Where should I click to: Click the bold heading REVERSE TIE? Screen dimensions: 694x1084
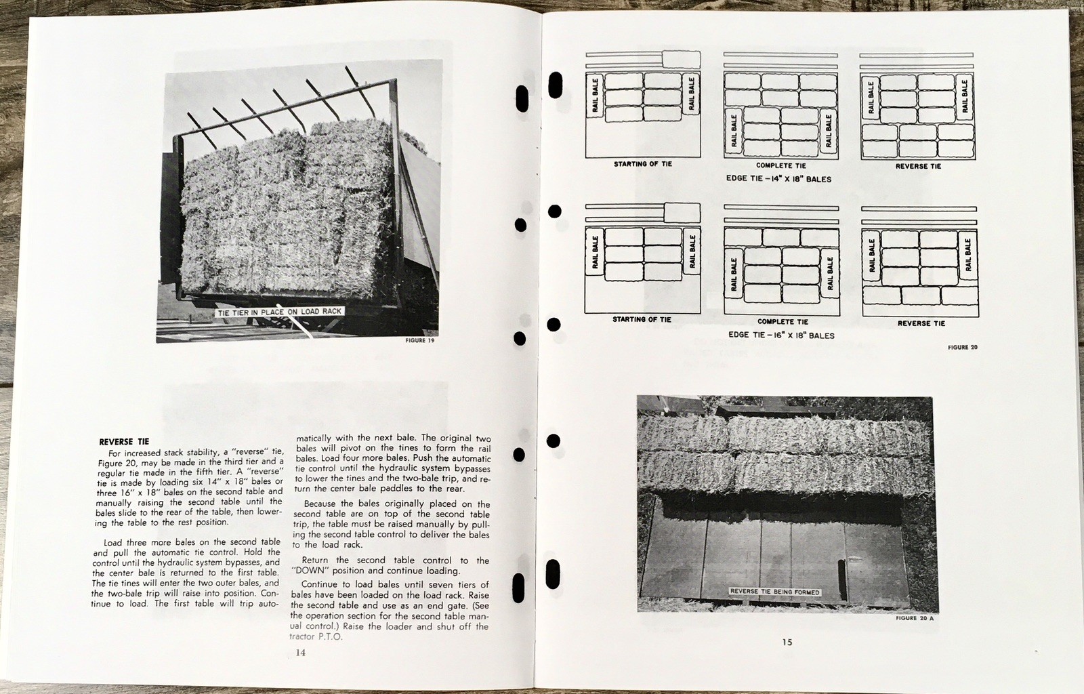(124, 442)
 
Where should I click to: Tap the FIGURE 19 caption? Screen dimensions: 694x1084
(419, 341)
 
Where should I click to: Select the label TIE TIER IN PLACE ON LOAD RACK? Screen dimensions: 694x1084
(280, 312)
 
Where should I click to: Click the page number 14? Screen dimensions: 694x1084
(301, 653)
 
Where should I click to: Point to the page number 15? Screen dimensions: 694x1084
(787, 642)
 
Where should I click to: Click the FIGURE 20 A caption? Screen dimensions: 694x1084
(915, 618)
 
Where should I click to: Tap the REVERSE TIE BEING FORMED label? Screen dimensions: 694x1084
(774, 592)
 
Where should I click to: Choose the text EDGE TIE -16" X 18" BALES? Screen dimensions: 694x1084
(781, 335)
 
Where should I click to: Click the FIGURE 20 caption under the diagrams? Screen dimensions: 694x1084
(963, 348)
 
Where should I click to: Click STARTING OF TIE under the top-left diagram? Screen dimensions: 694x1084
(642, 164)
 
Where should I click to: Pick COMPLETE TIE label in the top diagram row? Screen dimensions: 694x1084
(780, 165)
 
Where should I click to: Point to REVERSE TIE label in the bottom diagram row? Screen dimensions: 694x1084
(921, 323)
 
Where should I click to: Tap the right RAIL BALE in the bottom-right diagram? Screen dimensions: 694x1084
(968, 254)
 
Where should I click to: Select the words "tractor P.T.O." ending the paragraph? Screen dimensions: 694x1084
(316, 636)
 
